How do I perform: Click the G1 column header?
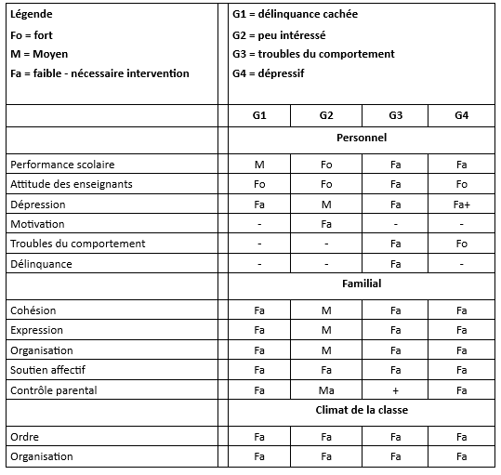259,115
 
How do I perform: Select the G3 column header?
395,115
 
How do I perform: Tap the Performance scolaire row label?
62,165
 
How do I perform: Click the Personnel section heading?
362,138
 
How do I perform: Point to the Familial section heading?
362,284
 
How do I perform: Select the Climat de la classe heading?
362,410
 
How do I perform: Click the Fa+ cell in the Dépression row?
462,205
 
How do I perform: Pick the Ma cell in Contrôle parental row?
326,390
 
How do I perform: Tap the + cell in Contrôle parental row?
395,390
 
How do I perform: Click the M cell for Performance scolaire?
259,165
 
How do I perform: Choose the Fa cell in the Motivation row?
326,224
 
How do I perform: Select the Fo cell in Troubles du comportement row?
462,244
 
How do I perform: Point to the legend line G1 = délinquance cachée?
296,14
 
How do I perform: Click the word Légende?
32,15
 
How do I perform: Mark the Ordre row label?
26,437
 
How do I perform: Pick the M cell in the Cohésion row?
326,310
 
